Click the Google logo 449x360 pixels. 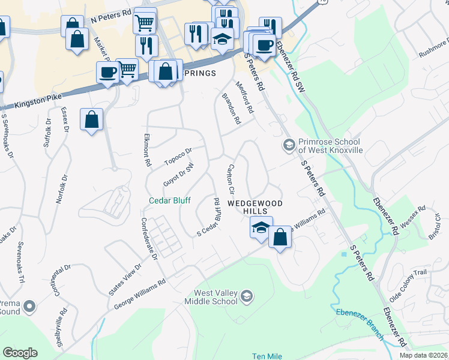(20, 352)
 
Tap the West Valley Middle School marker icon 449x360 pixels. (246, 296)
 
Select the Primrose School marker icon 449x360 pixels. (289, 145)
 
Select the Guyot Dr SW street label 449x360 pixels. (179, 176)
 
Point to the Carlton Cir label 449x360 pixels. (229, 179)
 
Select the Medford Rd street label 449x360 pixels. (244, 98)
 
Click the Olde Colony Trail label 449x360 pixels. (408, 285)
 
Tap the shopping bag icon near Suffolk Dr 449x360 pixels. (91, 120)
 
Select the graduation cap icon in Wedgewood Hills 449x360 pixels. (261, 227)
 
